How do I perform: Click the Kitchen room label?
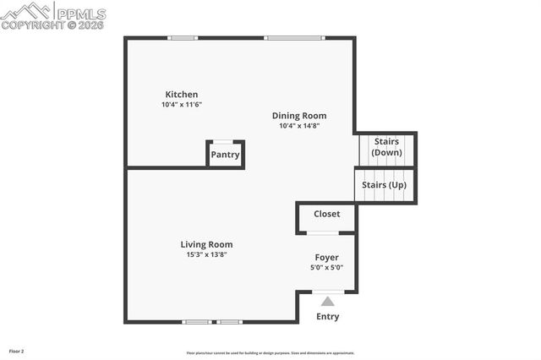pos(182,95)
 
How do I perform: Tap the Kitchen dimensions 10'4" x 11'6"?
pos(182,105)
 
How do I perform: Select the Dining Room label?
pos(298,116)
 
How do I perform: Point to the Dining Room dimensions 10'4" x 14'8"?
pos(298,126)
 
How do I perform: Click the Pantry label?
pos(226,155)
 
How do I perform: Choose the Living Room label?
pos(206,244)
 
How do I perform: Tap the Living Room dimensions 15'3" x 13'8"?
pos(206,254)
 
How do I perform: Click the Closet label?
pos(327,214)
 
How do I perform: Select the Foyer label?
pos(327,257)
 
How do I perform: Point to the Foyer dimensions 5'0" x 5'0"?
pos(327,267)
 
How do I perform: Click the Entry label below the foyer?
pos(327,317)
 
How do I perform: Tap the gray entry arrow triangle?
pos(327,301)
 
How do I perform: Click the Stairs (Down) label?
pos(386,147)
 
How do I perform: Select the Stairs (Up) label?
pos(385,184)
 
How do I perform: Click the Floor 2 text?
pos(17,351)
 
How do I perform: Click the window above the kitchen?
pos(183,37)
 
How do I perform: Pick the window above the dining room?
pos(293,37)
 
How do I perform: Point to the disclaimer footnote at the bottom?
pos(270,353)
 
